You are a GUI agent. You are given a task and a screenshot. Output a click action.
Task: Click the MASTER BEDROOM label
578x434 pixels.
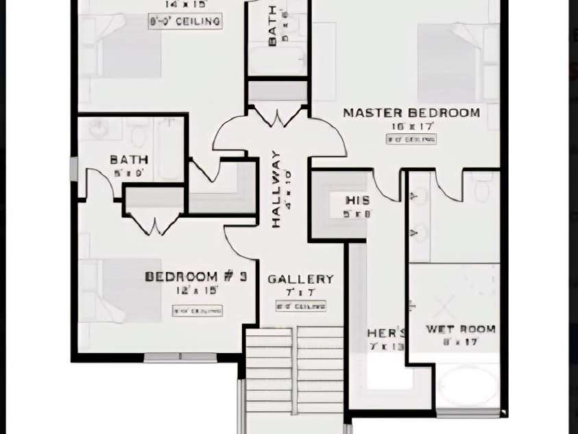411,113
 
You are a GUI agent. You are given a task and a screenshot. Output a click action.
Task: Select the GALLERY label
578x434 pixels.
300,279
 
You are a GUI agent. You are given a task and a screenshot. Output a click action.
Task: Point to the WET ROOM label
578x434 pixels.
460,330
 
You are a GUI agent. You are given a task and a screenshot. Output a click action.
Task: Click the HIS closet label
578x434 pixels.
357,201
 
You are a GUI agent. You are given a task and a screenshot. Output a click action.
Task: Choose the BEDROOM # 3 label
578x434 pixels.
195,277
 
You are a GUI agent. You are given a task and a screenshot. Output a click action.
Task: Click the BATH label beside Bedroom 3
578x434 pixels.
129,160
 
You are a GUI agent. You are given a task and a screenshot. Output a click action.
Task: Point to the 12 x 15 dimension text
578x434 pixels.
197,290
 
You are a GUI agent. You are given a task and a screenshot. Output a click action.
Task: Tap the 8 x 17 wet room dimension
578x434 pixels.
460,341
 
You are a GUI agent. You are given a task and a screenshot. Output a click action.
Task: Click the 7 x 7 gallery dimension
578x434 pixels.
300,293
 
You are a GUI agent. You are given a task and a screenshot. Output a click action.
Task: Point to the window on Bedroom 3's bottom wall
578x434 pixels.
180,357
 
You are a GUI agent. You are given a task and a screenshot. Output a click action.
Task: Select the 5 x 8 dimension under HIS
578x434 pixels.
357,214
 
